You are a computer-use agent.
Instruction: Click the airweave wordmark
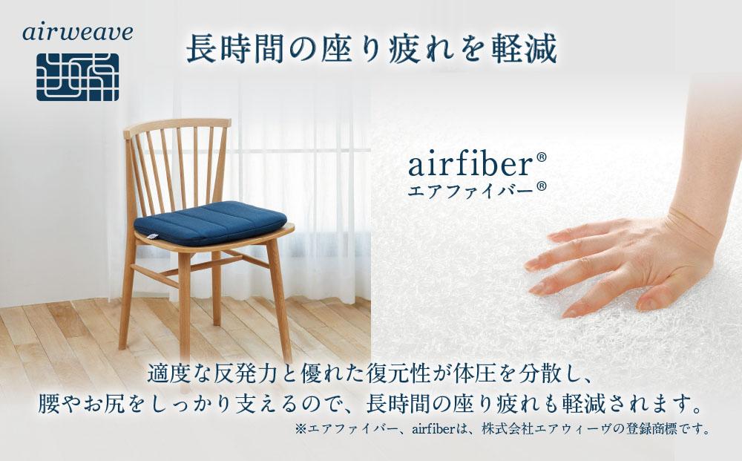pyautogui.click(x=78, y=33)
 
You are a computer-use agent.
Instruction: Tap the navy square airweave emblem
pyautogui.click(x=77, y=76)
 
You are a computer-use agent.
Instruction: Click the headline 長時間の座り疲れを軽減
pyautogui.click(x=370, y=49)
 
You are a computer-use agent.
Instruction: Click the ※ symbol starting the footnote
pyautogui.click(x=301, y=429)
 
